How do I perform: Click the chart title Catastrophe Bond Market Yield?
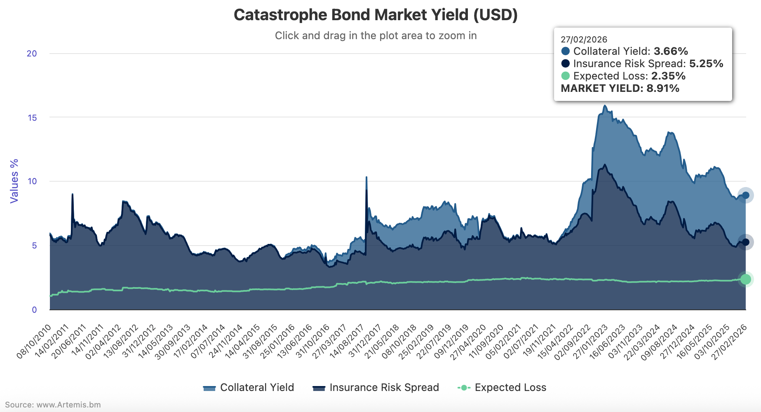coord(376,15)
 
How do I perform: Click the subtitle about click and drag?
coord(376,36)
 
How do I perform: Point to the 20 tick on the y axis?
coord(32,54)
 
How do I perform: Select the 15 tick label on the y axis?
coord(32,118)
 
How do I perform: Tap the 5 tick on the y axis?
coord(34,246)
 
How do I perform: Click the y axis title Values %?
coord(14,181)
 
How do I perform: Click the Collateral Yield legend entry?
coord(249,388)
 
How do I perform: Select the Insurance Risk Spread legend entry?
coord(376,388)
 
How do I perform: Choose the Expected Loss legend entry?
coord(502,388)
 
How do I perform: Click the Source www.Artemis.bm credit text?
coord(53,405)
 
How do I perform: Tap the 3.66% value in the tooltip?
coord(671,51)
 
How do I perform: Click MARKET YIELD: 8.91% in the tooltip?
coord(620,89)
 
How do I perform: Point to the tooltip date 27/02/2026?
coord(584,40)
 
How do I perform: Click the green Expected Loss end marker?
coord(745,279)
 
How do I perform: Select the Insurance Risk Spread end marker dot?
coord(745,242)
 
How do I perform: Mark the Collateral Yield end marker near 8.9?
coord(745,195)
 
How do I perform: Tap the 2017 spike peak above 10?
coord(366,178)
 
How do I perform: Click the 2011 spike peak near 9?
coord(73,194)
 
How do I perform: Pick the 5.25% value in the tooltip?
coord(706,64)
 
